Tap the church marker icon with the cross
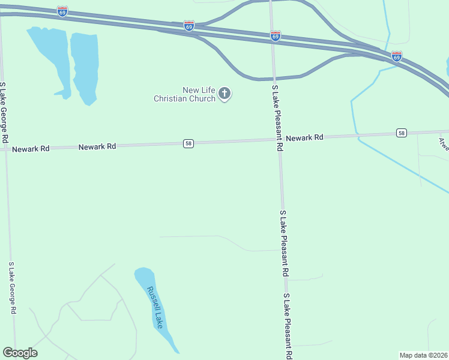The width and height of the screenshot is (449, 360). (x=224, y=94)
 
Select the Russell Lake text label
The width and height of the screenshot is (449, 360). (x=155, y=307)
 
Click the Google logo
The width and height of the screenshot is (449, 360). (x=20, y=353)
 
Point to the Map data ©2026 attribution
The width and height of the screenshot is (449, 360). (x=424, y=355)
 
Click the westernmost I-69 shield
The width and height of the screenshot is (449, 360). (x=62, y=11)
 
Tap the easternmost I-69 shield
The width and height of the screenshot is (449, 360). (x=396, y=56)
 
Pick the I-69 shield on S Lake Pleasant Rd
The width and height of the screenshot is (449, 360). (x=275, y=36)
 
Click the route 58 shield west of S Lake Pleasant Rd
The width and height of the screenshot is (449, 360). (x=188, y=143)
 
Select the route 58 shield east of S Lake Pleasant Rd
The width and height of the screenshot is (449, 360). (x=402, y=133)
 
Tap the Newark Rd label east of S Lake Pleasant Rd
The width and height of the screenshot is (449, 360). (x=304, y=137)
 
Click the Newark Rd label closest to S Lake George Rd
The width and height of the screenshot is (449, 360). (x=31, y=148)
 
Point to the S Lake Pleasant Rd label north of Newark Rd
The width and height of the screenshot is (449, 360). (x=277, y=118)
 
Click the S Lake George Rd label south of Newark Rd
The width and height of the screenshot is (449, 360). (x=11, y=288)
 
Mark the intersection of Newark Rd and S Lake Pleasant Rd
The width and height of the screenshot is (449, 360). (x=279, y=140)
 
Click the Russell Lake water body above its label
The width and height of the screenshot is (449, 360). (x=143, y=277)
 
